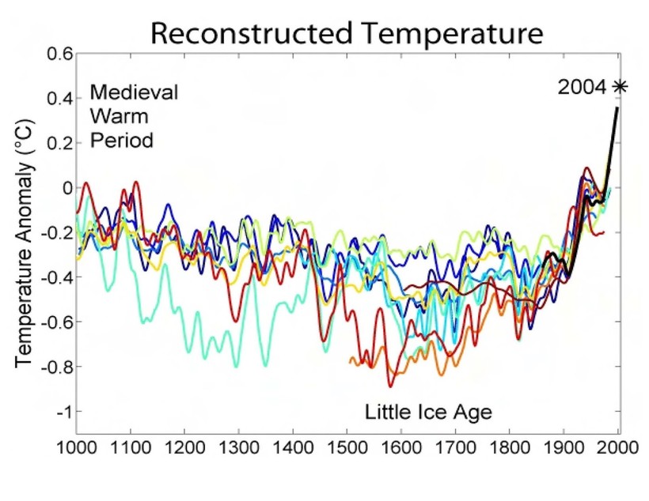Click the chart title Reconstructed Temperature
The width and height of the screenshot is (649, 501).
pyautogui.click(x=347, y=33)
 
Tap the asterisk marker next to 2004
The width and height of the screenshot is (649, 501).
pyautogui.click(x=617, y=87)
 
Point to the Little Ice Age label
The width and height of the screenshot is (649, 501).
pyautogui.click(x=428, y=411)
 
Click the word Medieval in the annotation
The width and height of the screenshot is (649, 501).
pyautogui.click(x=134, y=92)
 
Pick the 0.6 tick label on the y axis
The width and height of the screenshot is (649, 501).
pyautogui.click(x=60, y=55)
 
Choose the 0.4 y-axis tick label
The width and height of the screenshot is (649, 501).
pyautogui.click(x=60, y=99)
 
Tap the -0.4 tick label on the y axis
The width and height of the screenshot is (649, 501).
pyautogui.click(x=57, y=277)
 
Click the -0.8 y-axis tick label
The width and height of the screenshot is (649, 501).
pyautogui.click(x=57, y=367)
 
